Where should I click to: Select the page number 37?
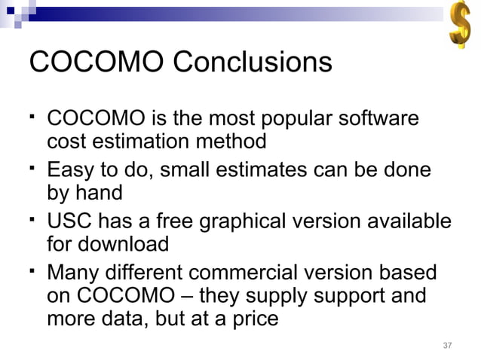[x=447, y=346]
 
